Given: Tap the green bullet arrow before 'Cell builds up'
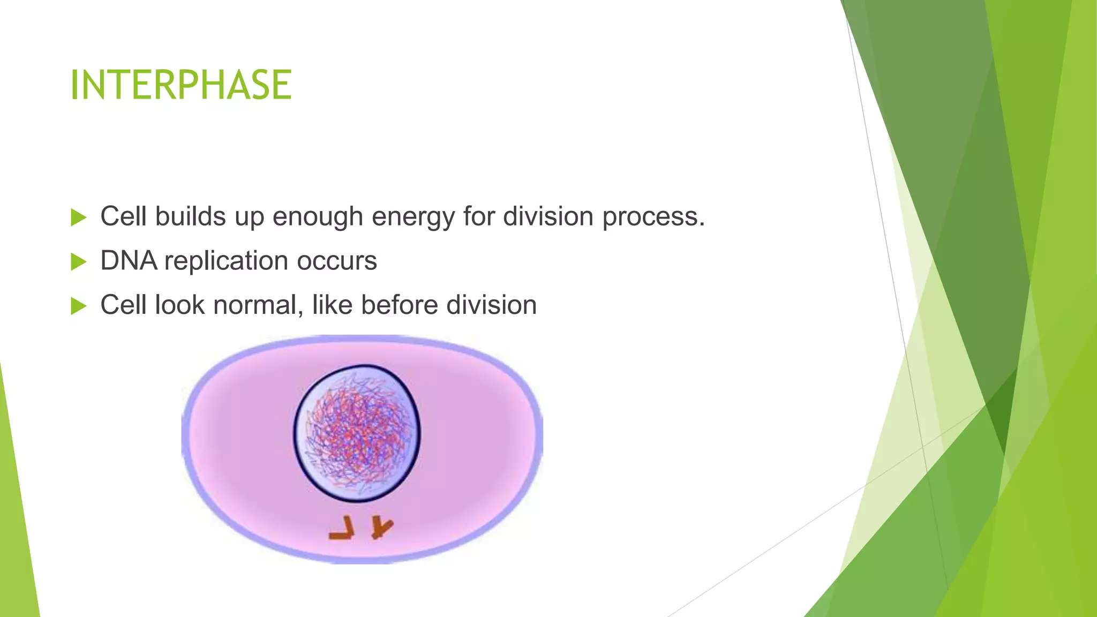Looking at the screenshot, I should [x=78, y=217].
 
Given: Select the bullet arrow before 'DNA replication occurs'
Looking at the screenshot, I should [x=78, y=262].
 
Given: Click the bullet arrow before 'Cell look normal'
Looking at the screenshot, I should [x=78, y=306].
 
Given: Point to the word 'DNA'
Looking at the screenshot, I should [x=129, y=261].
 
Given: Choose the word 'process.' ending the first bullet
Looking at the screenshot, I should [x=653, y=217].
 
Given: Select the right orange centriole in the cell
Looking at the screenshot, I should [x=382, y=527].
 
